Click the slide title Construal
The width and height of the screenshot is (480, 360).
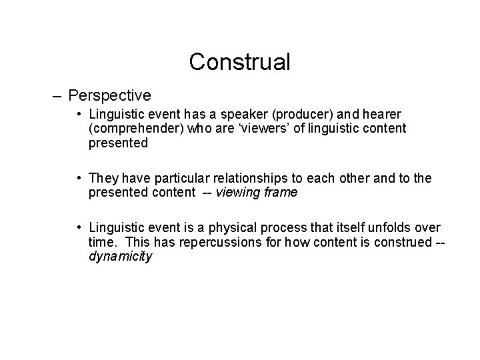click(x=239, y=62)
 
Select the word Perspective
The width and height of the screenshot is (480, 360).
click(x=109, y=96)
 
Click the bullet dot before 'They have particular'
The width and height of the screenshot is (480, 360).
click(x=80, y=179)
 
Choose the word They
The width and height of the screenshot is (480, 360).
click(x=103, y=179)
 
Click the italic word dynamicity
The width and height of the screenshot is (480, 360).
click(x=120, y=255)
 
